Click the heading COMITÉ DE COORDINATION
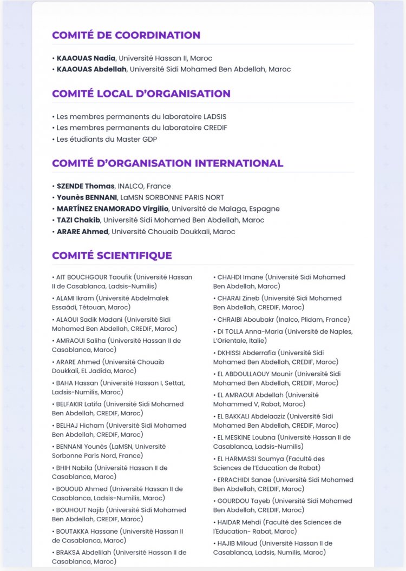(126, 35)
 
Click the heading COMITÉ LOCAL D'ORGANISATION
(141, 94)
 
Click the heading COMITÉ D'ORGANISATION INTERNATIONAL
(167, 163)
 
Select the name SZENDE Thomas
(85, 186)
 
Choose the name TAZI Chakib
(78, 220)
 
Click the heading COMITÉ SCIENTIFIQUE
(112, 255)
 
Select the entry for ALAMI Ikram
(76, 298)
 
